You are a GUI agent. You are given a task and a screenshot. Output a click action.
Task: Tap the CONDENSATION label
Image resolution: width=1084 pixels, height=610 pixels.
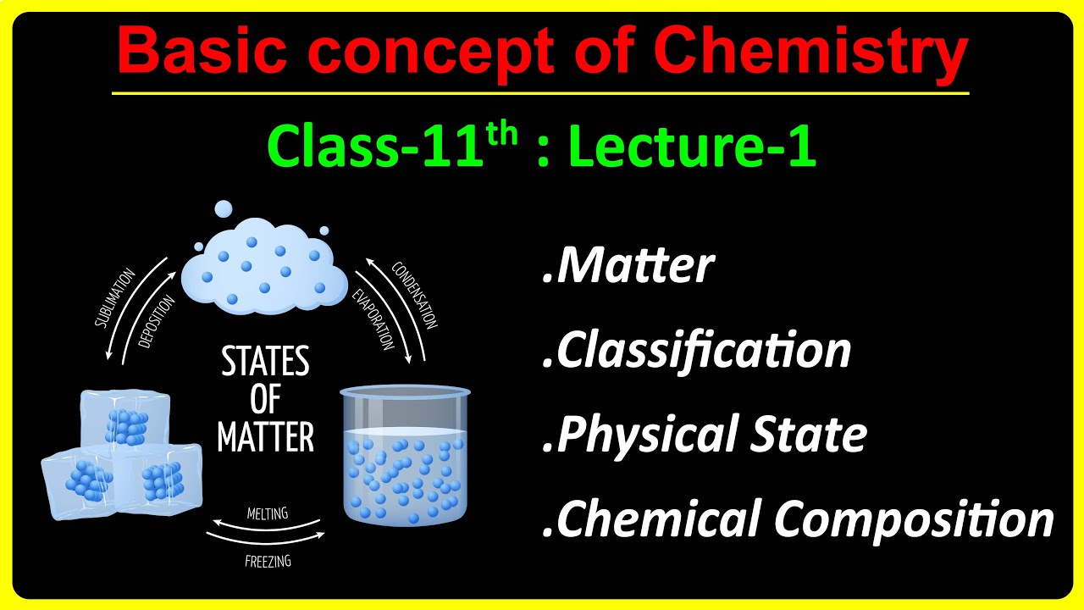[x=415, y=295]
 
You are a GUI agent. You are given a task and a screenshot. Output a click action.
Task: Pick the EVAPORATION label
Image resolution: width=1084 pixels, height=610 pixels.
[x=373, y=319]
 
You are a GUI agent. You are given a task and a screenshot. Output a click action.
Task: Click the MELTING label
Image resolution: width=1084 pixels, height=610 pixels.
[x=267, y=513]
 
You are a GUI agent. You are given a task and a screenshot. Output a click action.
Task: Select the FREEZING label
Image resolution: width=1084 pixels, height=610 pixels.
[x=268, y=560]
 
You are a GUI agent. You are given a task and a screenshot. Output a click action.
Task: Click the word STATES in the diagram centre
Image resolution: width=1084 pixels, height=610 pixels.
[x=265, y=363]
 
